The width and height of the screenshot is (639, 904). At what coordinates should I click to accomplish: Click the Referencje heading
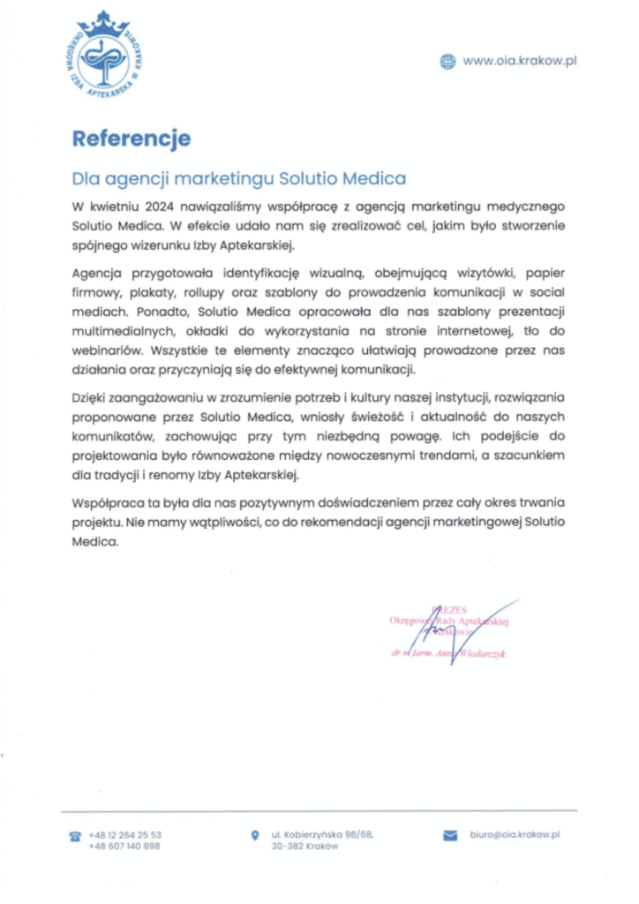coord(131,139)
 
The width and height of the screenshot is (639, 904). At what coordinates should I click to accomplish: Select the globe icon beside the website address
coord(447,60)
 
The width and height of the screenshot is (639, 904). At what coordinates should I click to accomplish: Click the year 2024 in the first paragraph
coord(154,206)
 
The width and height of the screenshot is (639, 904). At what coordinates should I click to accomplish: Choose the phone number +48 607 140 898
coord(125,847)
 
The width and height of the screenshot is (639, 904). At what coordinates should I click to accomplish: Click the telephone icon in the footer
coord(75,835)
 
